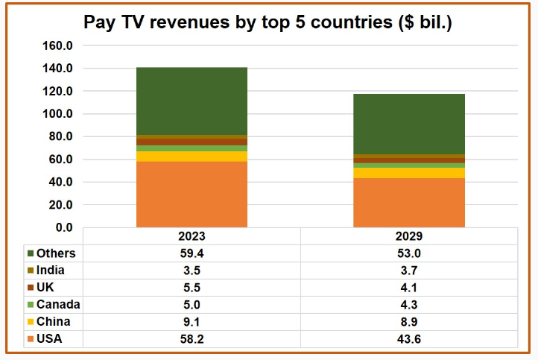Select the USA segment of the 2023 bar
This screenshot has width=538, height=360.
coord(192,194)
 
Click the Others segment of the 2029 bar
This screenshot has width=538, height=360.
coord(408,124)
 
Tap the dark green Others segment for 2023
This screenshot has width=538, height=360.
coord(192,101)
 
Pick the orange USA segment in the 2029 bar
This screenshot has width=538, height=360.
coord(408,202)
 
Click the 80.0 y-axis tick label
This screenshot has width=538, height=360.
coord(59,136)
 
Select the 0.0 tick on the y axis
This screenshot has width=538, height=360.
coord(62,227)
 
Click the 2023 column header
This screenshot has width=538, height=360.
coord(192,236)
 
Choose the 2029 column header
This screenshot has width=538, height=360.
coord(408,236)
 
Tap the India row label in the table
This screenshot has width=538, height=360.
coord(50,271)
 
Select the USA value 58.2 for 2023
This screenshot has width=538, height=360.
coord(192,338)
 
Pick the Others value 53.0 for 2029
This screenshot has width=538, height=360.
coord(408,253)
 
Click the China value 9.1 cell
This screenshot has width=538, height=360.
coord(192,321)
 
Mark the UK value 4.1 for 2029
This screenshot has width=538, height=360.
coord(408,288)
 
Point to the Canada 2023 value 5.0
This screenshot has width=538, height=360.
coord(192,304)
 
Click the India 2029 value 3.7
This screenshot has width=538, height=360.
coord(408,271)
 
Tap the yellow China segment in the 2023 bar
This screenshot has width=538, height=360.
coord(192,157)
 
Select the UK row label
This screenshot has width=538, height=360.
coord(45,288)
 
